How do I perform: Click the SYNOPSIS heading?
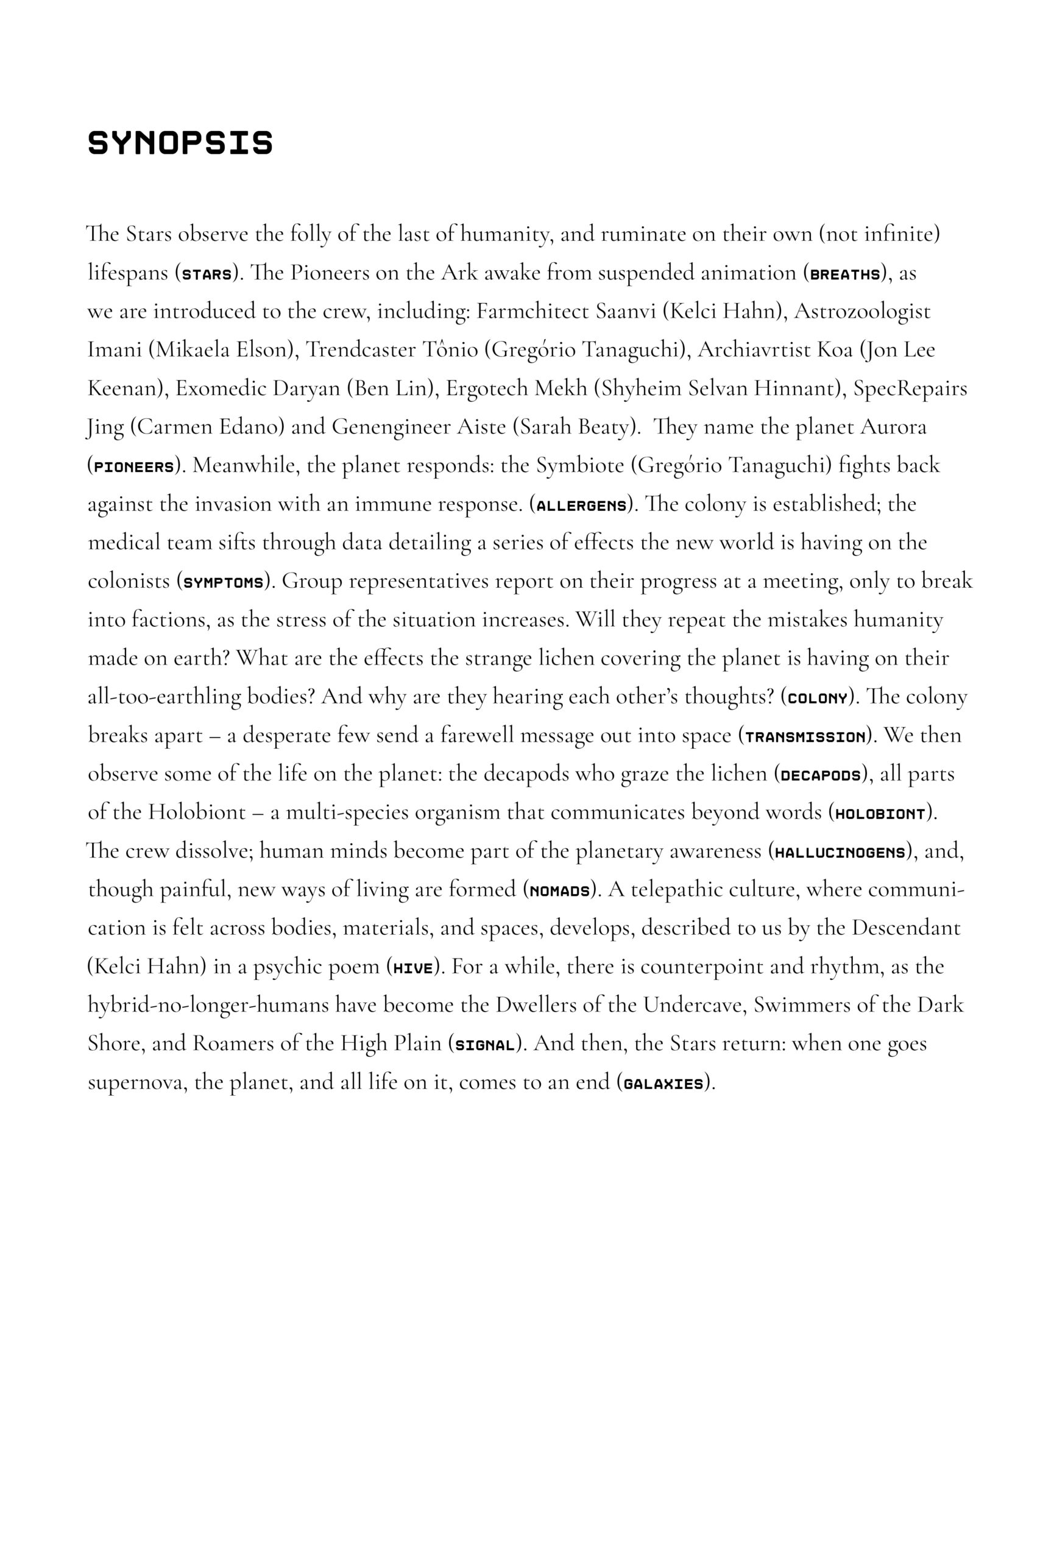click(x=180, y=143)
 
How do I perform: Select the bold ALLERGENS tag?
click(x=581, y=505)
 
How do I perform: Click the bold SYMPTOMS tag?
click(x=224, y=583)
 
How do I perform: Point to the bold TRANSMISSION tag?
click(x=805, y=737)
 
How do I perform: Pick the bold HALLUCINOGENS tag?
click(x=840, y=852)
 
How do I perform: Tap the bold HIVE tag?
click(x=412, y=968)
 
